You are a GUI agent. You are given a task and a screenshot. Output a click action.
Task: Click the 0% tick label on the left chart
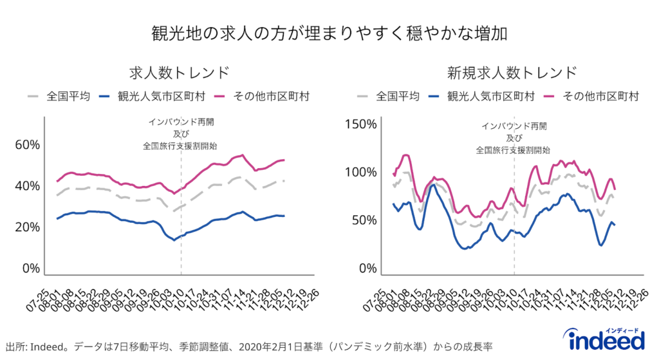(x=30, y=269)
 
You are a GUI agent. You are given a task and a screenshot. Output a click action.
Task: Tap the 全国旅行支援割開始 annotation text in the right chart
(x=513, y=149)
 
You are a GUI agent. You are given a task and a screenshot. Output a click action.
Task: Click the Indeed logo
(x=603, y=340)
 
